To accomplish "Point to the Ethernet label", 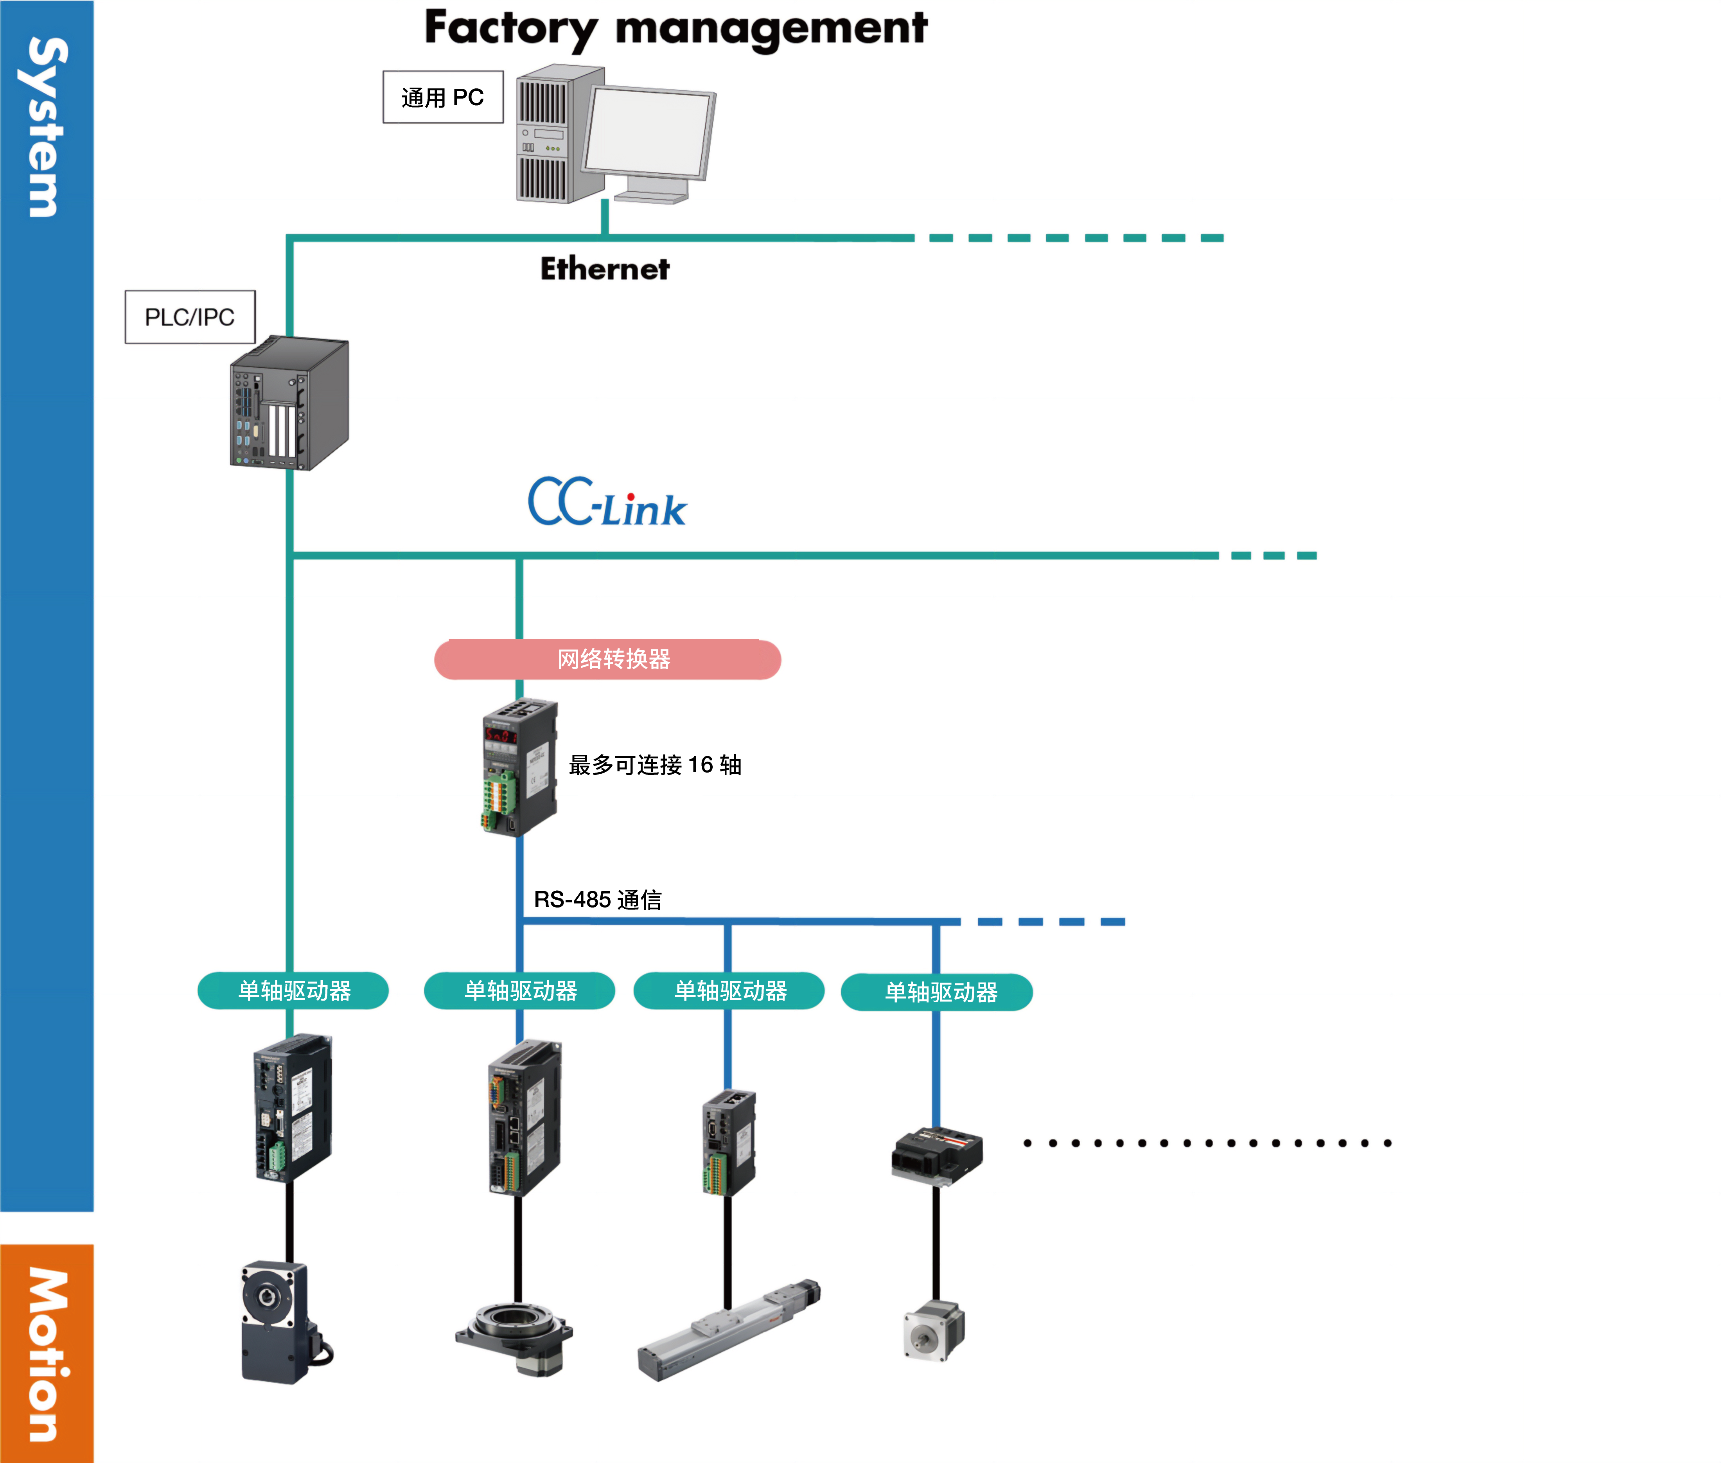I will [x=605, y=269].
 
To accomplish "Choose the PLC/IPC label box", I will [x=190, y=317].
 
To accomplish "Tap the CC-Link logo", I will [x=607, y=503].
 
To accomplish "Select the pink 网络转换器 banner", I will [x=607, y=660].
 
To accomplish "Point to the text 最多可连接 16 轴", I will [x=654, y=765].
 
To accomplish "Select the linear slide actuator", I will [x=728, y=1330].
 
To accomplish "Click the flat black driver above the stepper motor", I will [x=936, y=1155].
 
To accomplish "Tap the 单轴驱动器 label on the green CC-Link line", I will [x=294, y=990].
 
